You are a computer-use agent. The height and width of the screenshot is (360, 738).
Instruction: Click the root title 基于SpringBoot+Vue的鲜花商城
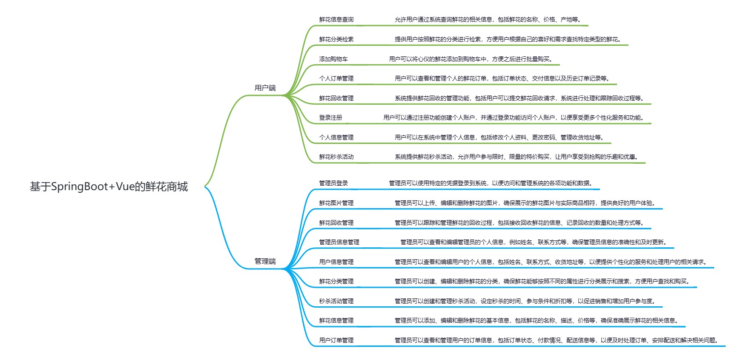click(x=109, y=187)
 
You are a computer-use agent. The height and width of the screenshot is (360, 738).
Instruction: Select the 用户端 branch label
click(x=265, y=88)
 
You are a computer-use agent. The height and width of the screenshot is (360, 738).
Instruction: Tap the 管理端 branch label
click(x=265, y=261)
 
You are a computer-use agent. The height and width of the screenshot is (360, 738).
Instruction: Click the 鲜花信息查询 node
click(x=336, y=19)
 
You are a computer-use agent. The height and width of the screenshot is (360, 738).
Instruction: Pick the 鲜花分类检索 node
click(x=336, y=39)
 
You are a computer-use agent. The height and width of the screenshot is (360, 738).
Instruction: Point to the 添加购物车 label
click(x=333, y=59)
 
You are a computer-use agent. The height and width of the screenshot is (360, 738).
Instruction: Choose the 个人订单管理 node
click(x=336, y=78)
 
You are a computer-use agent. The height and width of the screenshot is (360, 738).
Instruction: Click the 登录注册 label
click(x=331, y=118)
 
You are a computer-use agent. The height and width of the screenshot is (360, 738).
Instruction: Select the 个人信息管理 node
click(x=336, y=137)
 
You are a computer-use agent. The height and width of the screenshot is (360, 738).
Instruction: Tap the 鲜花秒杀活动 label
click(x=336, y=157)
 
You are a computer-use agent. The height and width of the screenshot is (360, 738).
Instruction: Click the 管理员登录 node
click(x=333, y=183)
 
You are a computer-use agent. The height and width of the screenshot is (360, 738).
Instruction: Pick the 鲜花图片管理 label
click(x=336, y=203)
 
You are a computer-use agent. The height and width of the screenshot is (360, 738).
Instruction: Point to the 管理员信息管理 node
click(x=339, y=242)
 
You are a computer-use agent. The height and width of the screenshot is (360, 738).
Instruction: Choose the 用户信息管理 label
click(x=336, y=262)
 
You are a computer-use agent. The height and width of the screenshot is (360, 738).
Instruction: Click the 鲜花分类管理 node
click(x=336, y=281)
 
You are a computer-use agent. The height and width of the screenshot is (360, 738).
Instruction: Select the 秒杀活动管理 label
click(x=336, y=301)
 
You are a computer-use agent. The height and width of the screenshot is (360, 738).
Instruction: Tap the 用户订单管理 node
click(x=336, y=340)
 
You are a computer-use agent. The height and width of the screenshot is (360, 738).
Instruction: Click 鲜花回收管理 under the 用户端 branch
click(x=336, y=98)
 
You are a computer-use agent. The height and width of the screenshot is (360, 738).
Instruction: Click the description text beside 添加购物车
click(x=471, y=59)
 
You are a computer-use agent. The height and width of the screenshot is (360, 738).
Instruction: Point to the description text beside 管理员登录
click(x=491, y=183)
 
